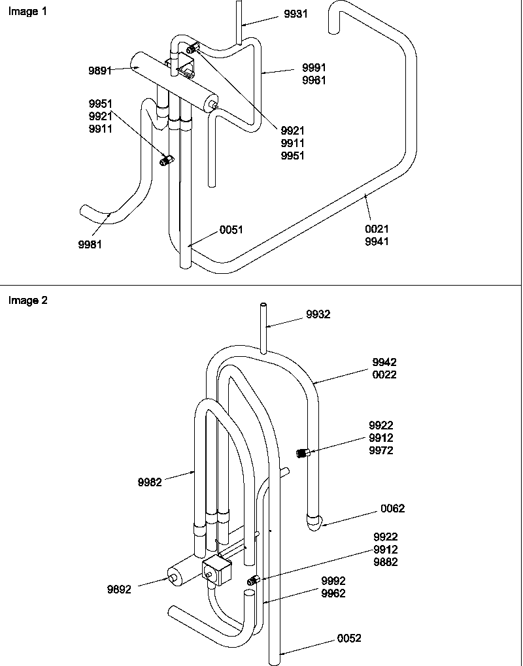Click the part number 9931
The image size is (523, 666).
coord(295,14)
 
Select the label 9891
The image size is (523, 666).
coord(100,71)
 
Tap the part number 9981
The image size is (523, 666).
coord(90,244)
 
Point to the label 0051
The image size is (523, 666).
coord(231,229)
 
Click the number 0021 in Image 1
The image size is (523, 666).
coord(377,229)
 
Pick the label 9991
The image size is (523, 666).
coord(314,68)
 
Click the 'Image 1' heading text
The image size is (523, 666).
coord(27,12)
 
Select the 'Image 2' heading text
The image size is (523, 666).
coord(27,301)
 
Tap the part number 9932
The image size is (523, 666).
coord(318,314)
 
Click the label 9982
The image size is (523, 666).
coord(150,482)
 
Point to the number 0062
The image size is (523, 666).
coord(392,508)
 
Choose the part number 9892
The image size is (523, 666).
coord(120,589)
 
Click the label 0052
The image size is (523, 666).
coord(349,639)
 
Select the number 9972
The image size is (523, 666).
coord(380,451)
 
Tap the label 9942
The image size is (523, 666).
coord(384,362)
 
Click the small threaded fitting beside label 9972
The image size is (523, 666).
coord(303,452)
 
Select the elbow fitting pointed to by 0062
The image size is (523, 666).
coord(314,522)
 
